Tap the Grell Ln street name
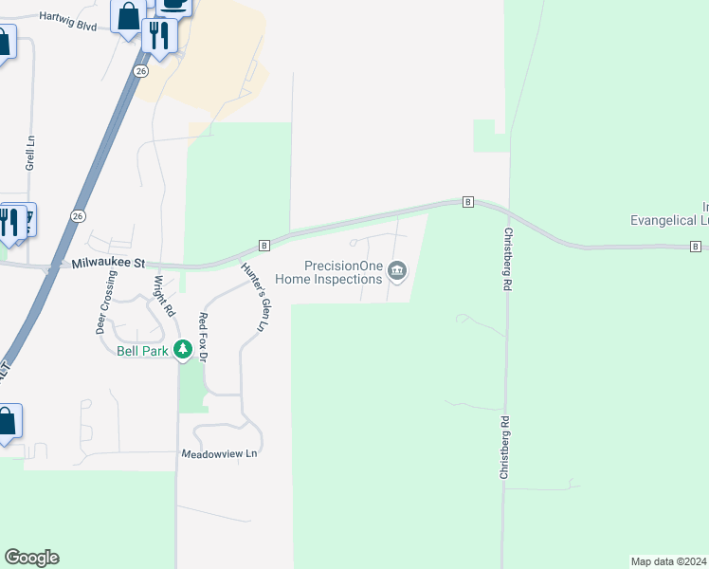[30, 151]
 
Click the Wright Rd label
[164, 295]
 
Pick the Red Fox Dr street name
[202, 335]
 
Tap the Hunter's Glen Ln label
[253, 296]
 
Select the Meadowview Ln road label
[219, 454]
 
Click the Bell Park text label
[142, 351]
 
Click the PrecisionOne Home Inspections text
[329, 273]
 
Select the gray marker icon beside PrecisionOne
[398, 273]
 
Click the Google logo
[31, 558]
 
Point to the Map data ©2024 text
[669, 560]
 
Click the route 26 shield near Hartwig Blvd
[140, 70]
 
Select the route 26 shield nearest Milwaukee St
[77, 215]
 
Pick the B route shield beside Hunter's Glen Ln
[264, 245]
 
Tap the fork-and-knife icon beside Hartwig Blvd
[157, 36]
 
